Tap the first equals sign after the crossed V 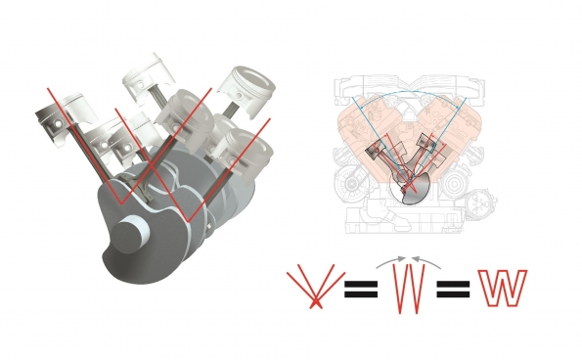[x=360, y=289]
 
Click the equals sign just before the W [x=454, y=289]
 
